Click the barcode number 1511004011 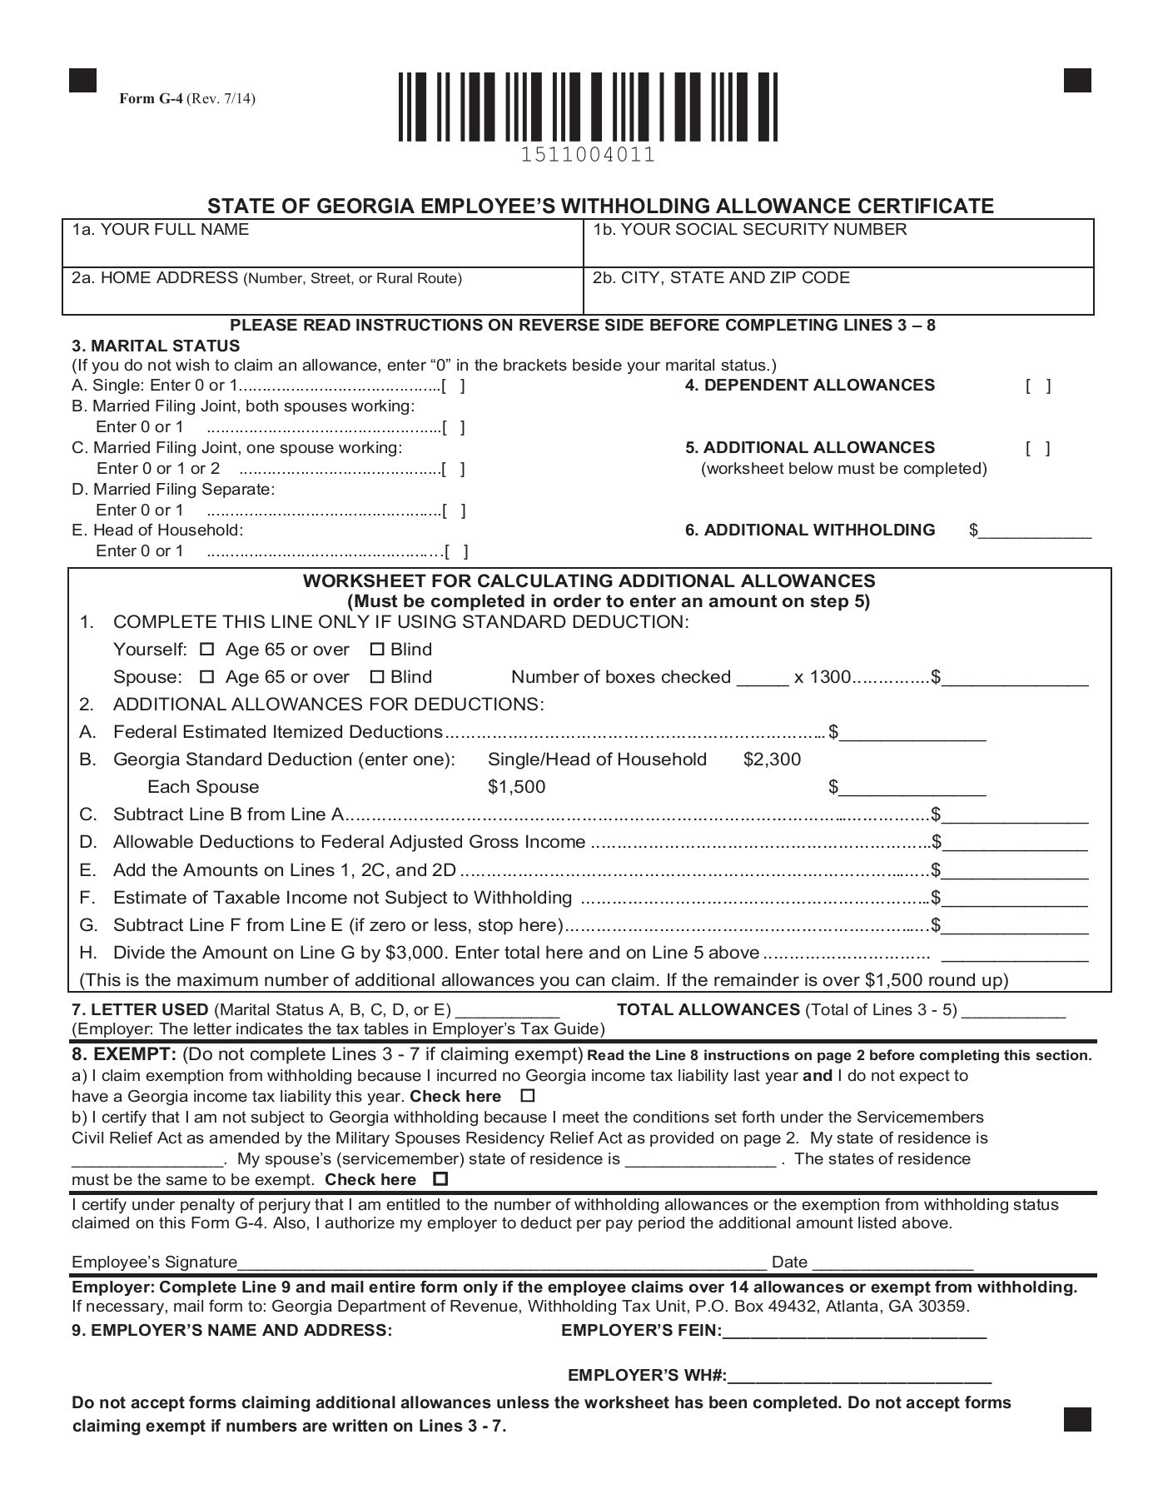click(x=588, y=155)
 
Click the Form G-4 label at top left click(x=186, y=99)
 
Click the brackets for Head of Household click(x=456, y=551)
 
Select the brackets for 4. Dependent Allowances click(x=1038, y=386)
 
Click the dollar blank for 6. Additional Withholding click(x=1035, y=531)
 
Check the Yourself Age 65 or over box click(x=208, y=650)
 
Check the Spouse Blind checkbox click(x=377, y=677)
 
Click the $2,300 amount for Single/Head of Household click(x=772, y=759)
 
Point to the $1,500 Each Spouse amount click(x=516, y=787)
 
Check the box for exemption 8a click(x=527, y=1096)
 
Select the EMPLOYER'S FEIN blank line click(x=854, y=1331)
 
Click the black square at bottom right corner click(x=1077, y=1419)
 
